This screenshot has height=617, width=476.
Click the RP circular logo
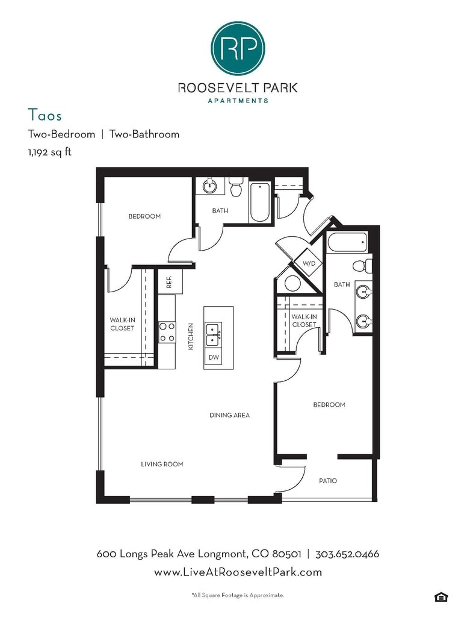pos(238,48)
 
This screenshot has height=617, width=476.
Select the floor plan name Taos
pos(45,114)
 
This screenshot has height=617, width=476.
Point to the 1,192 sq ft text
pos(49,152)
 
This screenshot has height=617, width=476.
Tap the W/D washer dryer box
pos(309,263)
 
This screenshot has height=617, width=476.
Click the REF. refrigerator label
pos(169,283)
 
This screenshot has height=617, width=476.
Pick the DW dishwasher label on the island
pos(214,357)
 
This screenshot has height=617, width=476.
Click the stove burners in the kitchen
pos(167,332)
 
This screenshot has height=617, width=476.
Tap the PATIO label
pos(327,481)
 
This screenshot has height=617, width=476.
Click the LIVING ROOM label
pos(162,464)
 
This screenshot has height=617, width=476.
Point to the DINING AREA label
pos(229,415)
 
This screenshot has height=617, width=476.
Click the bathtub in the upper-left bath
pos(260,201)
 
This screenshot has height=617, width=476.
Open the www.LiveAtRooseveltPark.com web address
pos(238,572)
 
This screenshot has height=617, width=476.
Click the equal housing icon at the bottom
pos(440,597)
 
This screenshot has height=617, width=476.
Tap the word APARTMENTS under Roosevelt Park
pos(238,101)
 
